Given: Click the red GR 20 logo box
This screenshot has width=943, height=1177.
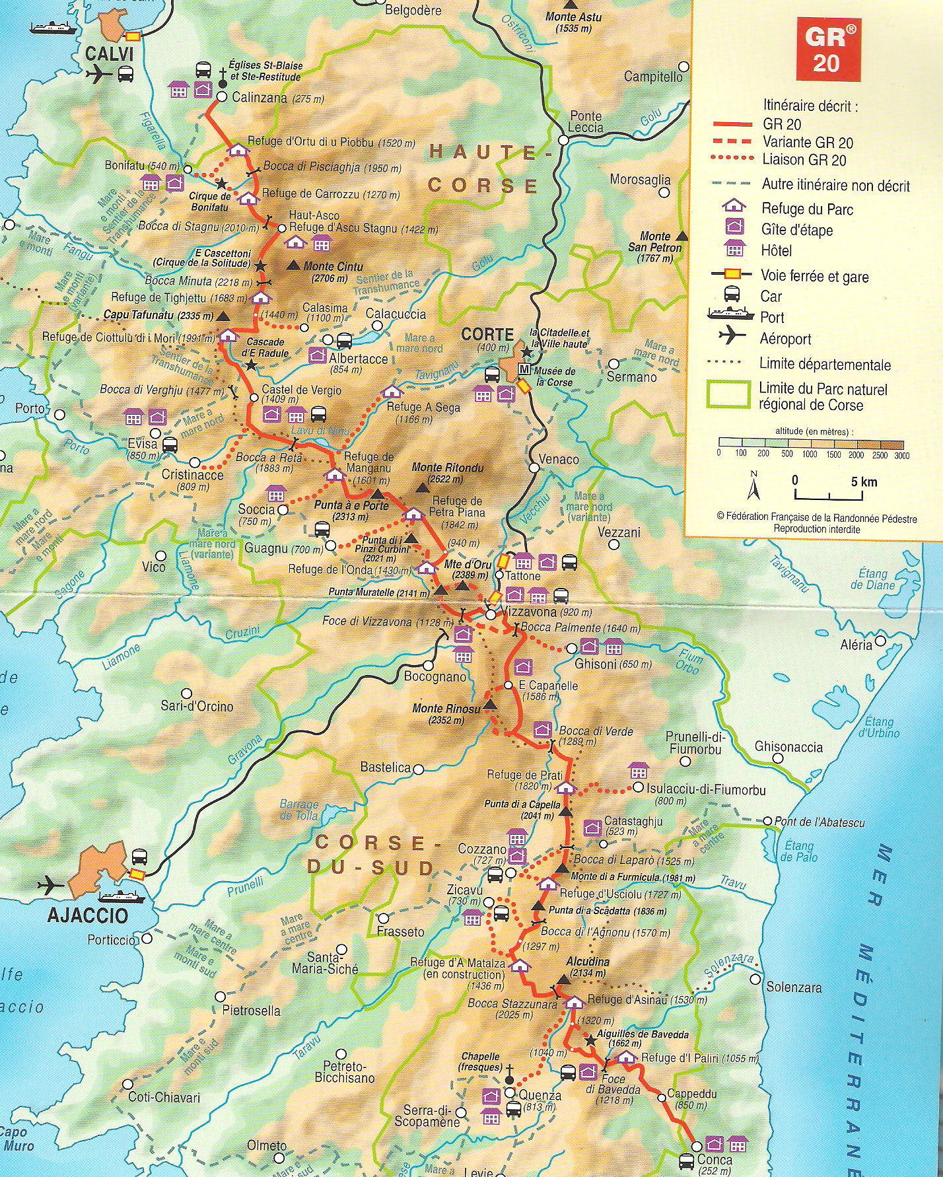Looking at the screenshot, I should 828,49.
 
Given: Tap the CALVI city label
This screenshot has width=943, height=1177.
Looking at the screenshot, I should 109,54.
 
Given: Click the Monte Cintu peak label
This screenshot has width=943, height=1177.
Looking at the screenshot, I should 333,267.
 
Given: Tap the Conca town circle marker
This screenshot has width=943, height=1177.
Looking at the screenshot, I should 697,1146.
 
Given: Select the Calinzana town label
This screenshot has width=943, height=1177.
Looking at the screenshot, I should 260,98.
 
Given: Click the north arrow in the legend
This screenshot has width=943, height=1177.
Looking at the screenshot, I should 753,486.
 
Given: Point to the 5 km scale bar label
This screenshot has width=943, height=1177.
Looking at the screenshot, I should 864,482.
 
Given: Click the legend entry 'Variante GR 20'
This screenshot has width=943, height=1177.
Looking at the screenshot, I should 808,142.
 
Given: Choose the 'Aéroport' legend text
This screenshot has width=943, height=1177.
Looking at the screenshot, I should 785,339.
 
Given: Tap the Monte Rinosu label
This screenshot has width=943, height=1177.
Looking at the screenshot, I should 446,709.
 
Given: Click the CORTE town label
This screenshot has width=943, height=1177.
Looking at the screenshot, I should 487,334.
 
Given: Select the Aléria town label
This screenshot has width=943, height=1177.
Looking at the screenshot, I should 856,645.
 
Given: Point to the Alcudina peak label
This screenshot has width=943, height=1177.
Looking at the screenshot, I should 588,962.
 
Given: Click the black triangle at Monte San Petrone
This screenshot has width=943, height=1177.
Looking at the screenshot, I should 682,236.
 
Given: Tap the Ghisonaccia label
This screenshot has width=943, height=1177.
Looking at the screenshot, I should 788,747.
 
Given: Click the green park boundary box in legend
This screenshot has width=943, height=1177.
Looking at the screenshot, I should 728,394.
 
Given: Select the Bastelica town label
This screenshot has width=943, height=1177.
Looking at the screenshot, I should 386,767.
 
